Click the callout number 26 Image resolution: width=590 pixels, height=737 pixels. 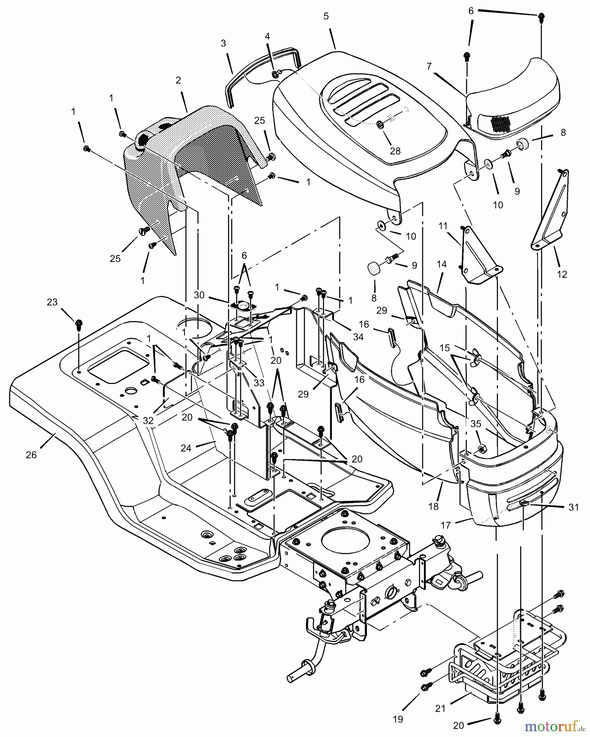(x=31, y=455)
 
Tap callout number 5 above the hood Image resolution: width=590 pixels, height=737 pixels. (x=326, y=16)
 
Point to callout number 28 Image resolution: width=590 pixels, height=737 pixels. (x=395, y=151)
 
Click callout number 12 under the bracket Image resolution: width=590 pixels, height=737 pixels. (x=562, y=274)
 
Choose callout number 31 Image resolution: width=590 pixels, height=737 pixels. (x=574, y=507)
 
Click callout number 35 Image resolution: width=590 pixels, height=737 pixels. (x=476, y=424)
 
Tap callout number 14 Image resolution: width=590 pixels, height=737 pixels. (x=441, y=265)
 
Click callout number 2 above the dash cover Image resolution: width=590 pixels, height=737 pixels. (x=178, y=81)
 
